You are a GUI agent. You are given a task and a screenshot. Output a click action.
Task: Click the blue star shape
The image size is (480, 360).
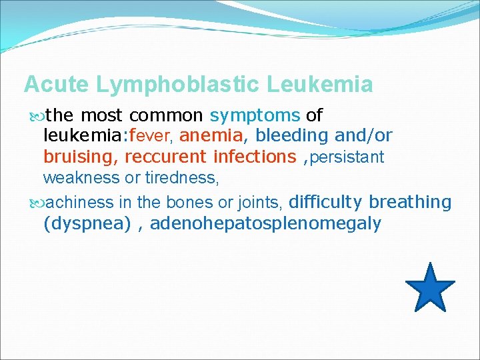click(429, 288)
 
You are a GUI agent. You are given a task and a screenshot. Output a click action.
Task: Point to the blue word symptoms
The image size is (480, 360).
click(255, 115)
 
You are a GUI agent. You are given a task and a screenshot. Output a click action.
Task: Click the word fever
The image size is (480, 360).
click(153, 137)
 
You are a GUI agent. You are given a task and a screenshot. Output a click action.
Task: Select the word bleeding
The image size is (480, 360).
click(292, 136)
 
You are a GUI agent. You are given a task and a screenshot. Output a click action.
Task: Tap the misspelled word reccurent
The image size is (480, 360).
click(166, 157)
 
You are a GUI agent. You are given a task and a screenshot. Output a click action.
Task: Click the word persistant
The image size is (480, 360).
click(347, 158)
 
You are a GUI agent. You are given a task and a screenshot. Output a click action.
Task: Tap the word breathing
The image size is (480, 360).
click(410, 202)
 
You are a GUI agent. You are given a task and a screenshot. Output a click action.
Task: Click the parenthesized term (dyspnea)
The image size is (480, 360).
click(87, 223)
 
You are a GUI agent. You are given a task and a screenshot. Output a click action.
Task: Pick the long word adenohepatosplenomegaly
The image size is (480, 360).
click(265, 223)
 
